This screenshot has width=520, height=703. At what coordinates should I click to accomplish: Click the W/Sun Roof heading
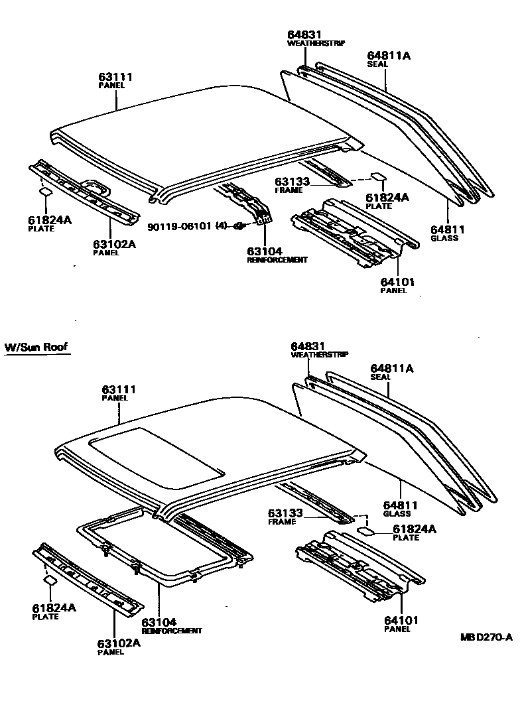pos(36,348)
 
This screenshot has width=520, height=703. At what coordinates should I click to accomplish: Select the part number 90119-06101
pos(178,226)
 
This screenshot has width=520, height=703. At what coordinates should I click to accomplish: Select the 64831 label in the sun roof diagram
pos(306,346)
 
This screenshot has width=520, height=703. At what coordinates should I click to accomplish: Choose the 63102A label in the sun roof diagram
pos(119,642)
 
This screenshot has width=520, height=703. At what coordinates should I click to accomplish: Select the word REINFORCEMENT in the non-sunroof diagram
pos(277,260)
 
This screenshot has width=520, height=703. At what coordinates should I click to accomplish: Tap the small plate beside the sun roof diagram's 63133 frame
pos(366,531)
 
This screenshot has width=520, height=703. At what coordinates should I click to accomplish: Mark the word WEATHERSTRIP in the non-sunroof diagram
pos(316,42)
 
